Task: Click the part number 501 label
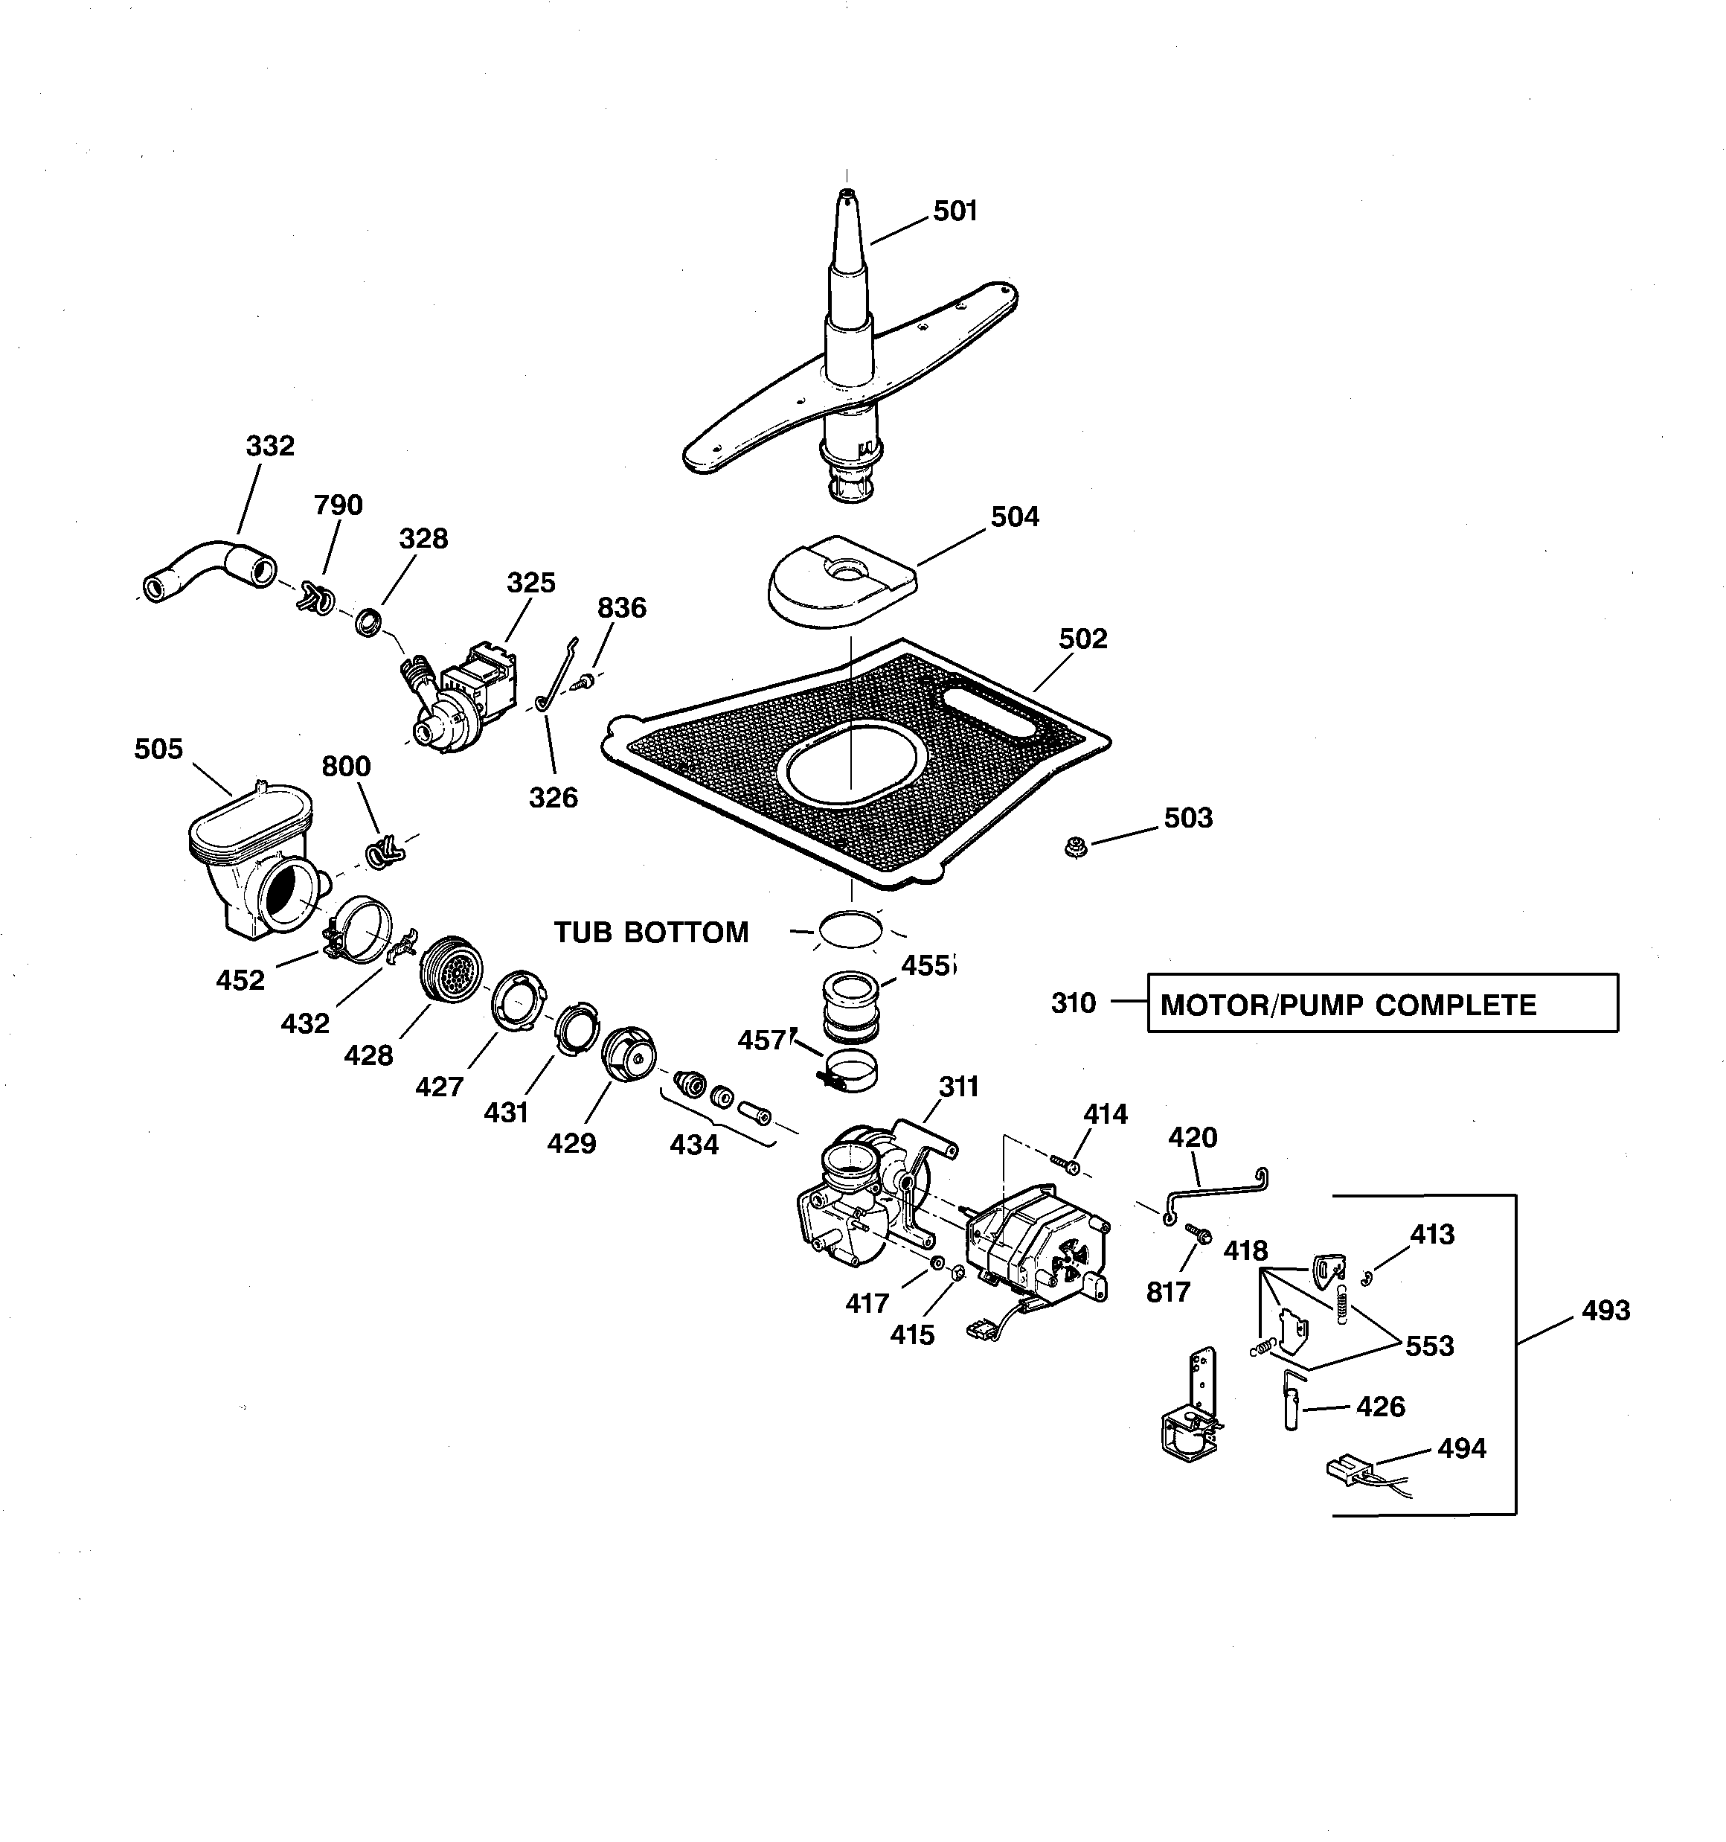955,212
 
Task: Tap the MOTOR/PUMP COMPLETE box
1382,1002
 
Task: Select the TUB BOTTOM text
651,932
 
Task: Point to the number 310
1073,1003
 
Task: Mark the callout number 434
694,1145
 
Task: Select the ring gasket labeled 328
369,621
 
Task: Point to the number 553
1428,1346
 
